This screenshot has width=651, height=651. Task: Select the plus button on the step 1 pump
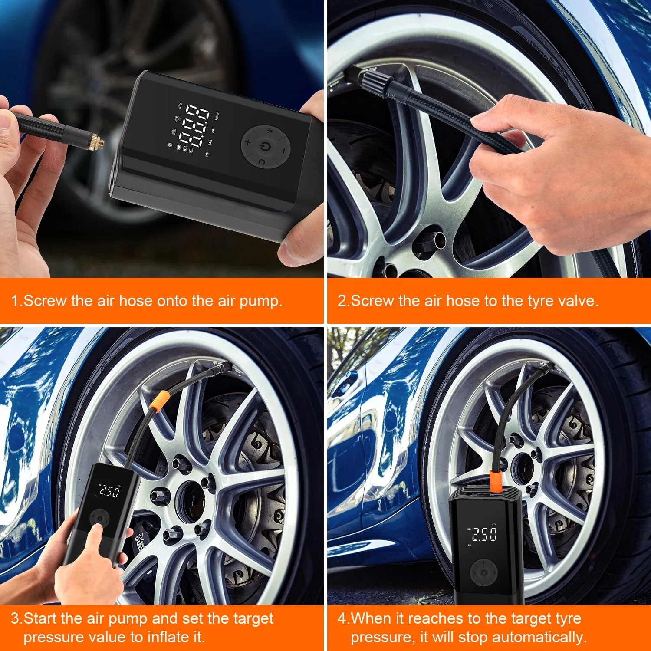click(248, 141)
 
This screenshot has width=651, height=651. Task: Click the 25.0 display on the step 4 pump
click(483, 534)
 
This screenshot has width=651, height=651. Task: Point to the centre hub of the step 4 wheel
click(522, 469)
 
